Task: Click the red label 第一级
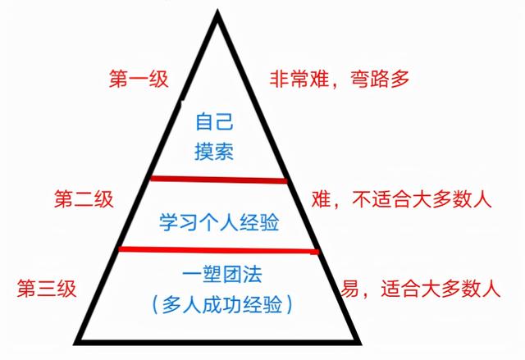pyautogui.click(x=139, y=80)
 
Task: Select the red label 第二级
pyautogui.click(x=84, y=199)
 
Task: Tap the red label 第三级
pyautogui.click(x=47, y=289)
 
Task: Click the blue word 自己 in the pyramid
pyautogui.click(x=214, y=121)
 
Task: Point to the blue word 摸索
pyautogui.click(x=214, y=152)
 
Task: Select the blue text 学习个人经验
pyautogui.click(x=219, y=222)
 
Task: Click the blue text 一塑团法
pyautogui.click(x=222, y=275)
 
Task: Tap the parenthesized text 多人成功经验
pyautogui.click(x=222, y=304)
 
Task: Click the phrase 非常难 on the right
pyautogui.click(x=299, y=80)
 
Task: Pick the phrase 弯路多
pyautogui.click(x=380, y=80)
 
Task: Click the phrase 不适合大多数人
pyautogui.click(x=422, y=199)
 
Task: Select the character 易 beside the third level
pyautogui.click(x=350, y=289)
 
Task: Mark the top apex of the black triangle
pyautogui.click(x=217, y=12)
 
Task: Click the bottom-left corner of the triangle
pyautogui.click(x=75, y=343)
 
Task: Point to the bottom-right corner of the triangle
pyautogui.click(x=359, y=343)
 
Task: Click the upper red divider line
pyautogui.click(x=219, y=180)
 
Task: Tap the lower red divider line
pyautogui.click(x=219, y=250)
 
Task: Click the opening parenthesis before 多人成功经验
pyautogui.click(x=155, y=305)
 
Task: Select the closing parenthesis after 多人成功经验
pyautogui.click(x=290, y=305)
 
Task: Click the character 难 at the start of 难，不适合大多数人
pyautogui.click(x=322, y=199)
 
